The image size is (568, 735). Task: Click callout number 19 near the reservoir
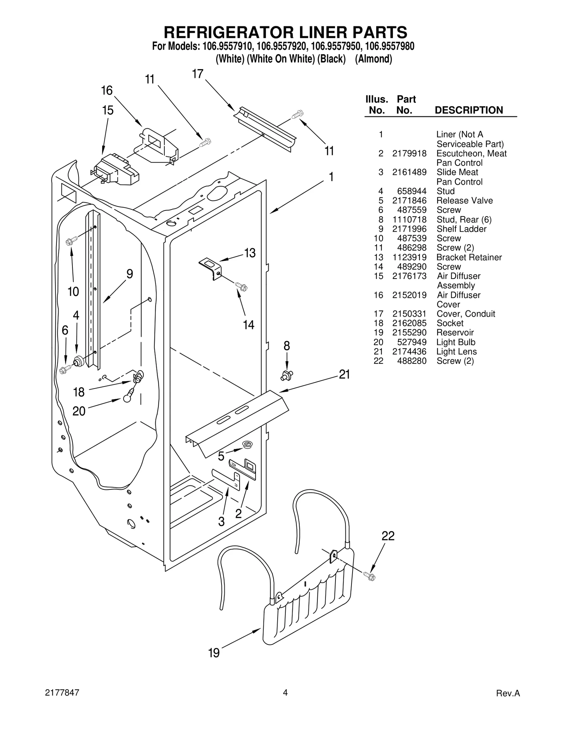[214, 653]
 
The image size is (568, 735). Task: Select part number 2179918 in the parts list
[409, 153]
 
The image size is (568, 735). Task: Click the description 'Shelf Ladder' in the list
[461, 229]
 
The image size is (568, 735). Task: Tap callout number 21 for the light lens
[344, 374]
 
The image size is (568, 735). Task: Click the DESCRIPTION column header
[469, 110]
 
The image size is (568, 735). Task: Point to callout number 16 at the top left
[106, 90]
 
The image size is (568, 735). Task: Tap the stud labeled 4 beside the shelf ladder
[78, 361]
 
